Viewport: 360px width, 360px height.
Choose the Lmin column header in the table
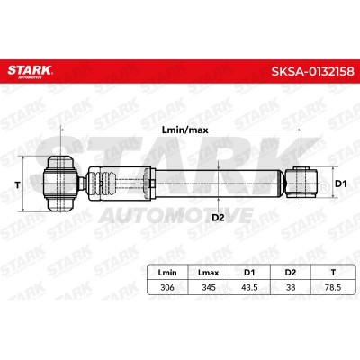167,269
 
